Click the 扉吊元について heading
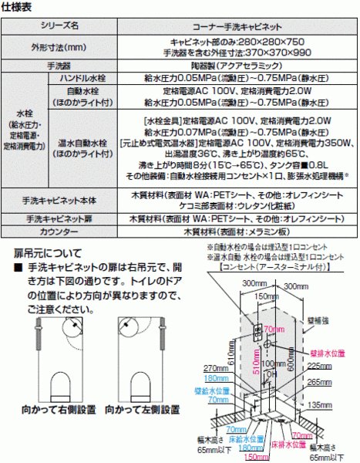(x=47, y=252)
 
